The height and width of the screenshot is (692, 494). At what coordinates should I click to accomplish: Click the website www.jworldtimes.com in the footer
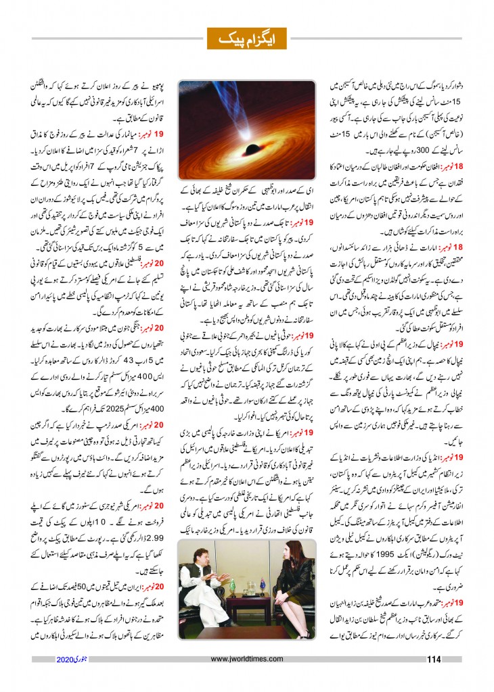click(x=248, y=660)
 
